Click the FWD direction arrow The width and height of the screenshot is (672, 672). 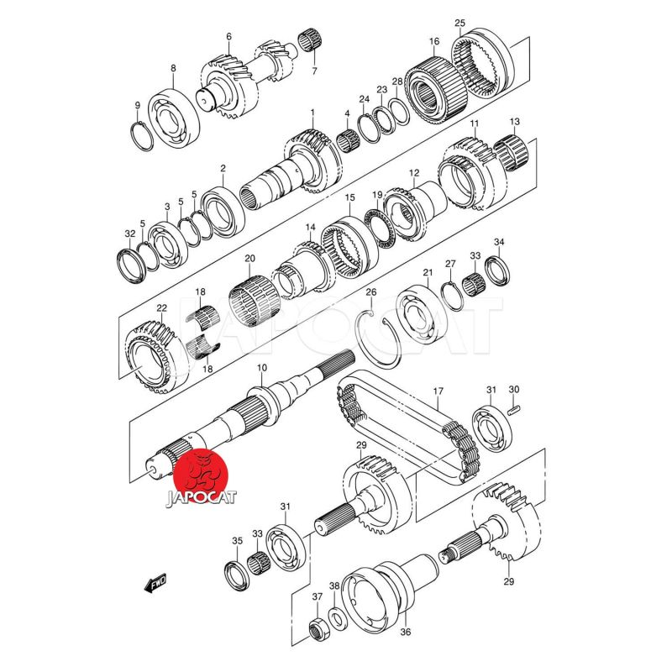tap(155, 583)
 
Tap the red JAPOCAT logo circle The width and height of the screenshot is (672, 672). tap(201, 476)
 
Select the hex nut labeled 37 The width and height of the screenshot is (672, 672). tap(318, 629)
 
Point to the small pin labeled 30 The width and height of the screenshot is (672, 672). tap(513, 409)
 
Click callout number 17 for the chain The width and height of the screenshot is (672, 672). tap(438, 391)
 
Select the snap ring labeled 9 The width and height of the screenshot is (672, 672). tap(141, 136)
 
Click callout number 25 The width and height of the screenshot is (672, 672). tap(459, 23)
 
